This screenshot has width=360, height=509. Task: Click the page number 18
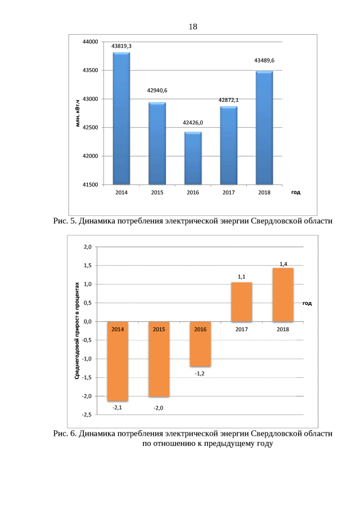click(x=193, y=26)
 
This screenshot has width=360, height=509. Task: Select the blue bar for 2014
click(x=121, y=118)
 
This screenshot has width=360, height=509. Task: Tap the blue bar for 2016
click(x=192, y=158)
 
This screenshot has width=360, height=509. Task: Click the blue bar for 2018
click(x=264, y=128)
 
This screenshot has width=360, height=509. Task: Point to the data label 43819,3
click(x=121, y=46)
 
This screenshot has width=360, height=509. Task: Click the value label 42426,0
click(x=193, y=122)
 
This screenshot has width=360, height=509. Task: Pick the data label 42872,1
click(x=228, y=100)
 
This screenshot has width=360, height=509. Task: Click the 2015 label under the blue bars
click(x=157, y=193)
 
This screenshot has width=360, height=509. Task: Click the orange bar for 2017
click(x=241, y=302)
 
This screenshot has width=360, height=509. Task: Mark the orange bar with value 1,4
click(x=283, y=295)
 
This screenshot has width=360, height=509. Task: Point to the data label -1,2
click(x=200, y=373)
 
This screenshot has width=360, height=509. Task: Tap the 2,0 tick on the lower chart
click(x=87, y=247)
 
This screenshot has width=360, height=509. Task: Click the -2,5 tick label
click(x=86, y=415)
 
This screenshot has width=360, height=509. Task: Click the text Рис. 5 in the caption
click(x=64, y=222)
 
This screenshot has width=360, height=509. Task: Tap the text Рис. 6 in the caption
click(x=64, y=434)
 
